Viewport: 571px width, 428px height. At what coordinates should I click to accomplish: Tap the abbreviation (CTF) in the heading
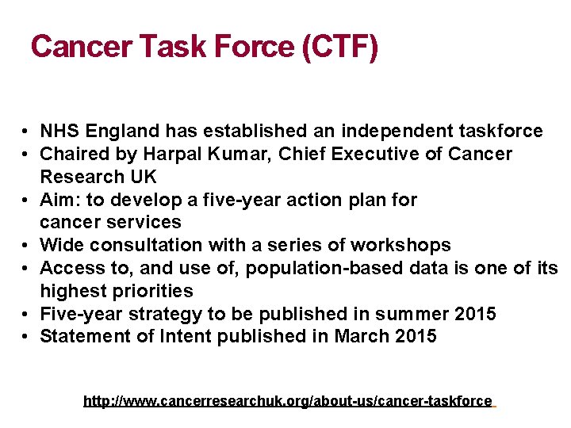pos(340,47)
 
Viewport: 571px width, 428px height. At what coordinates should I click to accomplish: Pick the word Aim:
pos(57,200)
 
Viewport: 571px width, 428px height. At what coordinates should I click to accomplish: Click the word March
pos(362,336)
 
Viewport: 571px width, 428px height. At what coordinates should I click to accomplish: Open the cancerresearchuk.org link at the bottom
pos(288,401)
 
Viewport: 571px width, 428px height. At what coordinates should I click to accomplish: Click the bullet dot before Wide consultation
pos(27,246)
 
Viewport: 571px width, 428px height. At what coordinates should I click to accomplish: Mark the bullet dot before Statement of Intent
pos(27,337)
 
